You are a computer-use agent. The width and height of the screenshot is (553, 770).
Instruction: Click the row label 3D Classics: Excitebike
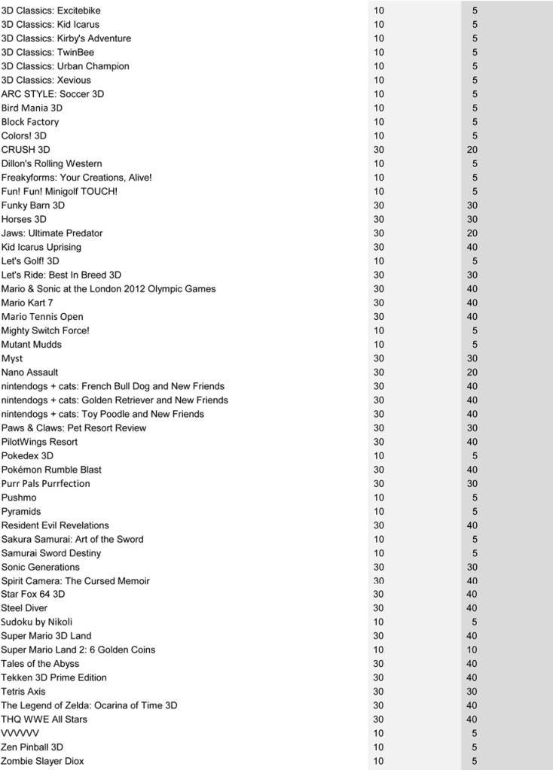pos(50,11)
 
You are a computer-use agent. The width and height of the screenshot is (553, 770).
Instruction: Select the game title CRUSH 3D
pos(26,150)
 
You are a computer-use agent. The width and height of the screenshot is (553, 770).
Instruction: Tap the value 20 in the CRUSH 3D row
pos(472,150)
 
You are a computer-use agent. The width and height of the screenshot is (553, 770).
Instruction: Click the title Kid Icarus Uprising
pos(41,247)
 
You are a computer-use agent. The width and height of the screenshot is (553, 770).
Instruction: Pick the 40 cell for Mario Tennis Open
pos(472,317)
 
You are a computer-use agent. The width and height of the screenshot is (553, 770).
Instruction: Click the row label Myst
pos(12,358)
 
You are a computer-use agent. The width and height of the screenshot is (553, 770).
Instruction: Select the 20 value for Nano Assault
pos(472,373)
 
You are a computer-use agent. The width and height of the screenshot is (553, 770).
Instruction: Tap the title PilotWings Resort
pos(39,442)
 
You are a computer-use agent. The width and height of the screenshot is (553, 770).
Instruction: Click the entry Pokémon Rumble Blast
pos(51,470)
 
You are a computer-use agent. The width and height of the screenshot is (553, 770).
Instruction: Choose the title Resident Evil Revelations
pos(55,525)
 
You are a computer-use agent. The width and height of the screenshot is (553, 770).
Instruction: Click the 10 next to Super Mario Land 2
pos(378,650)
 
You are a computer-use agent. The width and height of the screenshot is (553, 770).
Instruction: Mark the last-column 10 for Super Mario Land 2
pos(472,650)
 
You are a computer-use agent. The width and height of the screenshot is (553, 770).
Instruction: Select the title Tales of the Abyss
pos(40,664)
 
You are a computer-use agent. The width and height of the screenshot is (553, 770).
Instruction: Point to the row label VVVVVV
pos(20,733)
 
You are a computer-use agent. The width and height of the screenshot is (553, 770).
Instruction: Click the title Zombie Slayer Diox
pos(42,761)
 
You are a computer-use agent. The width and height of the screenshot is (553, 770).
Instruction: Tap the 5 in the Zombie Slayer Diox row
pos(474,761)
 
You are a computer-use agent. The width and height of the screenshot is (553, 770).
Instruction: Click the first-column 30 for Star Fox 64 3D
pos(378,595)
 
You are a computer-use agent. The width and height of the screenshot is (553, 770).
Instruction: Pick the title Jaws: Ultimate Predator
pos(52,233)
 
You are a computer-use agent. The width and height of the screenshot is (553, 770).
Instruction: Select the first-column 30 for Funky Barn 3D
pos(378,205)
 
